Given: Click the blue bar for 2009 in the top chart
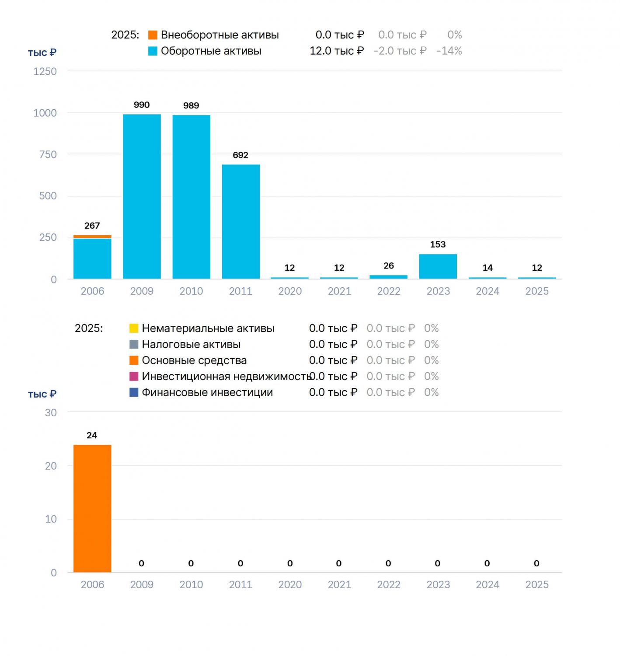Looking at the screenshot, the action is coord(142,196).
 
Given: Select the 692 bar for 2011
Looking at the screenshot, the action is coord(240,222).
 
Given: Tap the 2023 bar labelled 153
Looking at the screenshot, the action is coord(438,266).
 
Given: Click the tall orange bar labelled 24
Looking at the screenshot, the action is coord(92,509).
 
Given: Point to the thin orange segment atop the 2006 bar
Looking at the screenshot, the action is coord(92,237).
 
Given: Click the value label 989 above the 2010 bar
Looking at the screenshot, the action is coord(191,105).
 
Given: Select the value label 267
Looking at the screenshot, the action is coord(92,226).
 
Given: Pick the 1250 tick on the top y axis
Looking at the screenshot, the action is coord(45,71).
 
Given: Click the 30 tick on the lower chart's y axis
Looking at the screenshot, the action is coord(51,413).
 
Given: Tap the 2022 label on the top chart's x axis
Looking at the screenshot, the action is coord(389,291).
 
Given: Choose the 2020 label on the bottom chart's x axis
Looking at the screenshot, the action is coord(290,585).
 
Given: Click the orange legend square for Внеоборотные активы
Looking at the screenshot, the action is coord(153,35).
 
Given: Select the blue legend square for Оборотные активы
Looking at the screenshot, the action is coord(153,51).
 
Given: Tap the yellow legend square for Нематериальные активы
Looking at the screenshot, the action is coord(134,328).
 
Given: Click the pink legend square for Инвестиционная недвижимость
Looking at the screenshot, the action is coord(134,377).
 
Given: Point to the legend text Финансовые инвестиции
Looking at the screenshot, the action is coord(207,392).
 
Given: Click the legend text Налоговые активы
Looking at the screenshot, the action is coord(191,344).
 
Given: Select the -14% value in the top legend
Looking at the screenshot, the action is coord(449,51).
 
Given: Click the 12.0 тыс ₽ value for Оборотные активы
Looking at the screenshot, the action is coord(337,51).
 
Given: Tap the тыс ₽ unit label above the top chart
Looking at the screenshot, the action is coord(42,53).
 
